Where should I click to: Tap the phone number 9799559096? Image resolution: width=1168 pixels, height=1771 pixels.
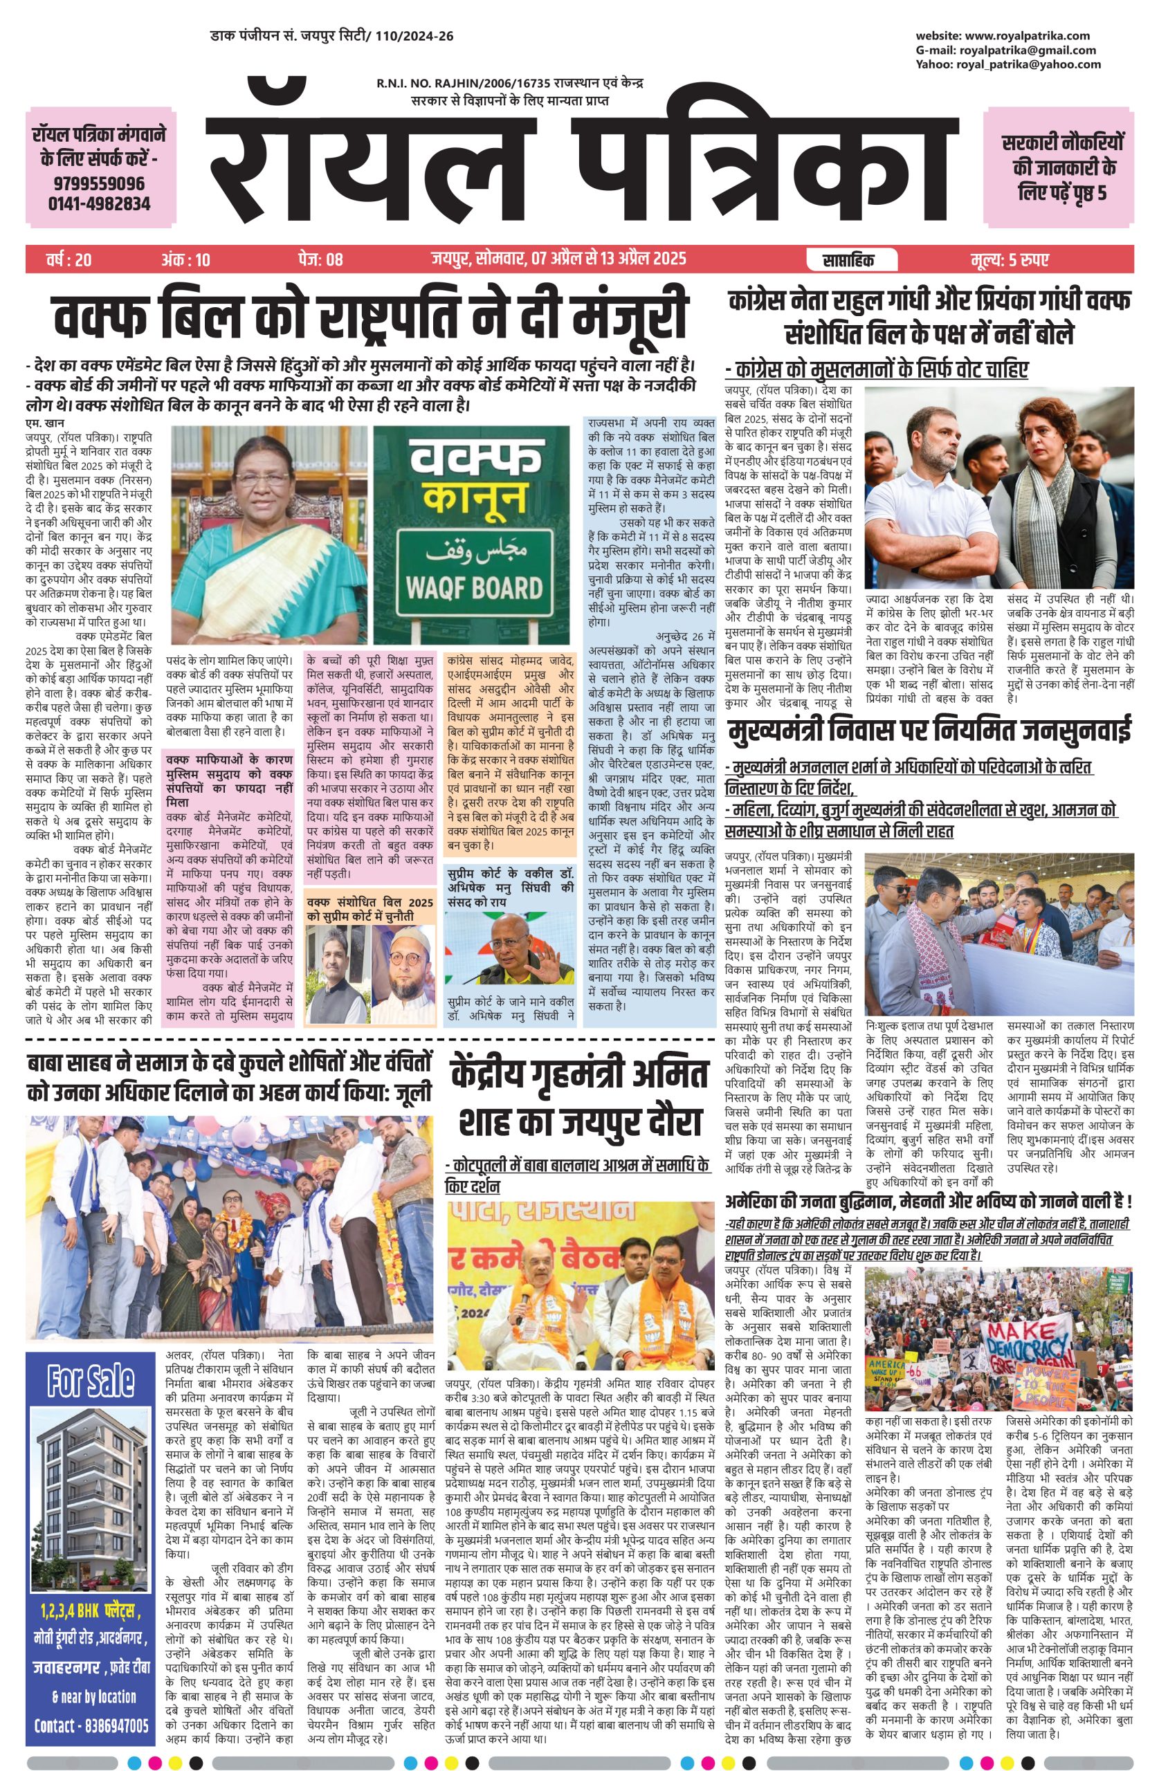pyautogui.click(x=98, y=183)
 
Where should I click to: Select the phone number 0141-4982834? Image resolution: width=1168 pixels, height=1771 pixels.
pyautogui.click(x=98, y=203)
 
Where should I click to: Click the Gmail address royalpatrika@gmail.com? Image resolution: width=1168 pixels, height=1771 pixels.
pyautogui.click(x=1028, y=50)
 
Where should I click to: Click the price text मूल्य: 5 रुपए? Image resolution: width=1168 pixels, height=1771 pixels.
pyautogui.click(x=1010, y=260)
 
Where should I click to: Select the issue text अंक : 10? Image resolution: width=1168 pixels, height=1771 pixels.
pyautogui.click(x=185, y=260)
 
